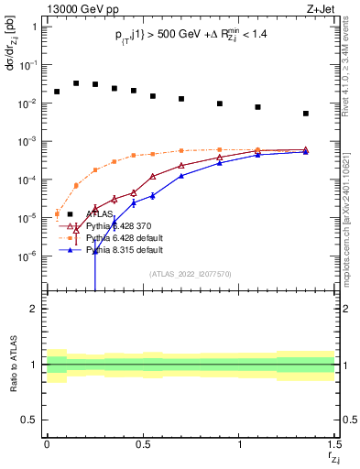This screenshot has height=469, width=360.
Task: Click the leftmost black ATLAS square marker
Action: (57, 92)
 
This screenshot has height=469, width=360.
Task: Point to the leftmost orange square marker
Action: (57, 214)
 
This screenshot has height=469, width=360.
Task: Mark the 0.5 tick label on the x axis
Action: (143, 444)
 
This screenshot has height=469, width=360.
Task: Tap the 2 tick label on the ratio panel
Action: (34, 309)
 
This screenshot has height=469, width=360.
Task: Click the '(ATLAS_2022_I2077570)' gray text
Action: (190, 274)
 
